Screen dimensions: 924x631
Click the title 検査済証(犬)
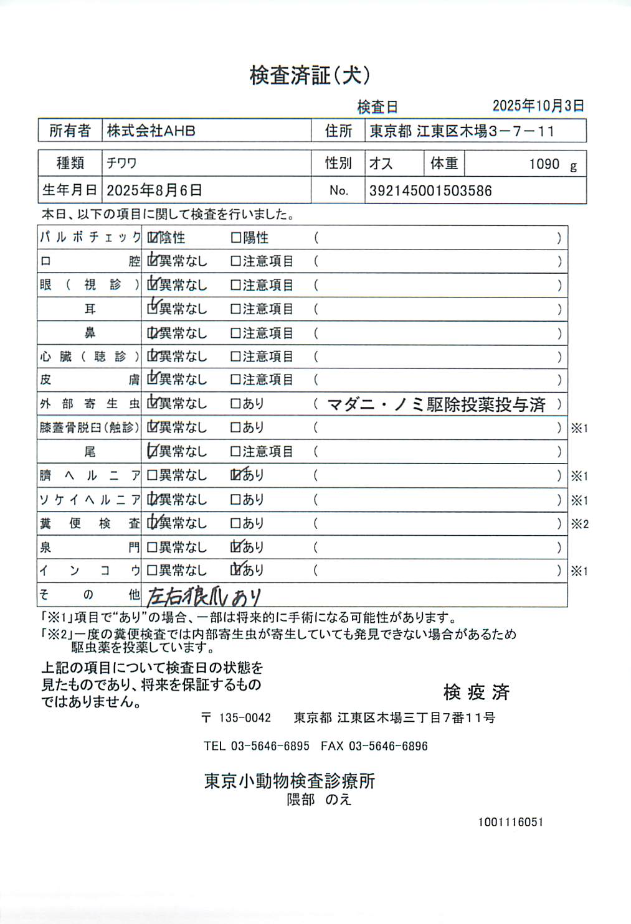(310, 75)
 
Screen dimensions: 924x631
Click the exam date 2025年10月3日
(538, 106)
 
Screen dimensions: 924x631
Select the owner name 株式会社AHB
(151, 131)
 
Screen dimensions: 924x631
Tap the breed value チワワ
(121, 164)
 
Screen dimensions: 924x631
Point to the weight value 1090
(544, 164)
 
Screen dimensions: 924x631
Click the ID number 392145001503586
(430, 191)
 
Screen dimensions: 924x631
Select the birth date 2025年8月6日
(154, 190)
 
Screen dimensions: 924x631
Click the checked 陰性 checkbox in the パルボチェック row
(153, 238)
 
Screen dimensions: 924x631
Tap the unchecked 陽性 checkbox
(235, 238)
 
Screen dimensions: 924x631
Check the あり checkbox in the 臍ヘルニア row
(236, 475)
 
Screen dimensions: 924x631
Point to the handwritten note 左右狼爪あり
(204, 596)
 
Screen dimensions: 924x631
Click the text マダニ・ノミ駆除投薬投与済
(436, 404)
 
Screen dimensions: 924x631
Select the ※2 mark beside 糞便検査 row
(579, 524)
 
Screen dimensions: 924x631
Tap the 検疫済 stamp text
(477, 692)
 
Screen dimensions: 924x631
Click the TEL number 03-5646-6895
(270, 746)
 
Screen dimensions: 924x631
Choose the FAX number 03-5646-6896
(388, 746)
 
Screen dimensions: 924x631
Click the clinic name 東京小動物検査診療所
(290, 781)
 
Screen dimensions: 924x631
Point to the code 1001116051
(511, 822)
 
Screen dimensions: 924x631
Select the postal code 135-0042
(245, 718)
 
